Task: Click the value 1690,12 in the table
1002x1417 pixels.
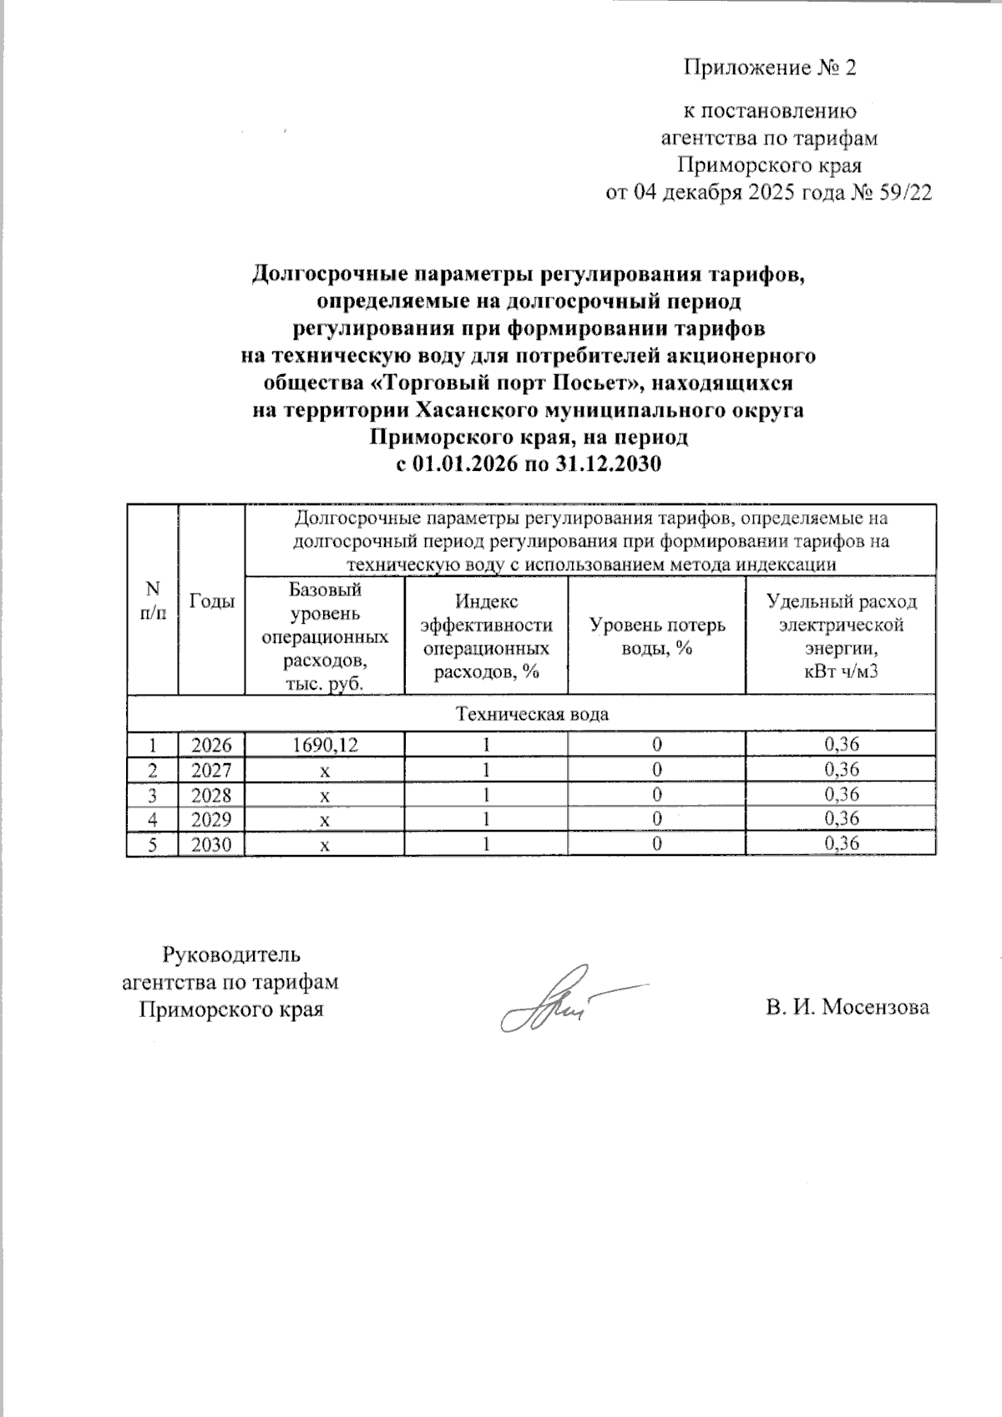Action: [325, 745]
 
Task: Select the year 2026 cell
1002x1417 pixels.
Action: [211, 745]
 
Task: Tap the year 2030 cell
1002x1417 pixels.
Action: [211, 844]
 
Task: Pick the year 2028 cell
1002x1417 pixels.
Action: [211, 794]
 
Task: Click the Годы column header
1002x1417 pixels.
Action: [211, 600]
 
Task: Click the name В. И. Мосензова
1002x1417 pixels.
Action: [848, 1008]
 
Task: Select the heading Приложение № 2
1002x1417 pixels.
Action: [770, 68]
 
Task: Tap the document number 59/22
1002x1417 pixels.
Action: [905, 193]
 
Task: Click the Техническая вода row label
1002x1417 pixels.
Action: [531, 715]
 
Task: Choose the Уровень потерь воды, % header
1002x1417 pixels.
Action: [657, 636]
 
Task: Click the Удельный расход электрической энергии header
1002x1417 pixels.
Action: [841, 636]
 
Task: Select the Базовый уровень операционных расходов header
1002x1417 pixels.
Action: [325, 636]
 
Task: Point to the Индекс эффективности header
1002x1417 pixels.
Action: [486, 636]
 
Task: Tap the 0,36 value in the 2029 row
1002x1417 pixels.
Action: [841, 819]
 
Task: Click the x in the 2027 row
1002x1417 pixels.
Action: [325, 770]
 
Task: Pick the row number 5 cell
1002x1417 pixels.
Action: [151, 844]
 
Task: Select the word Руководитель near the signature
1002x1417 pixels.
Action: [231, 954]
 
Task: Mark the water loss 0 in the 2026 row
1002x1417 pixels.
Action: [657, 745]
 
